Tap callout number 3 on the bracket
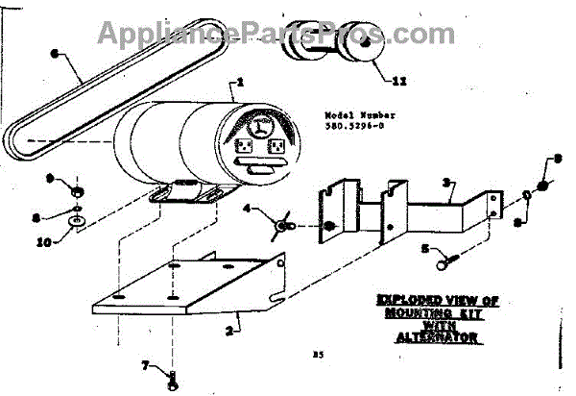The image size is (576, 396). tap(448, 182)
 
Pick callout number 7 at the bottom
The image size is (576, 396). tap(145, 365)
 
